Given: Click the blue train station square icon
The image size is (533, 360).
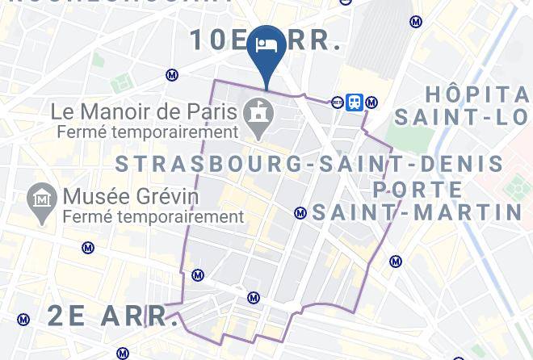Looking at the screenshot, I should coord(354,103).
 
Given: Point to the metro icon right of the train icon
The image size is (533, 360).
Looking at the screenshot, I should coord(371,103).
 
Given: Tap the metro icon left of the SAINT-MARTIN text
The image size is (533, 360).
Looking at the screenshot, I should coord(300,213).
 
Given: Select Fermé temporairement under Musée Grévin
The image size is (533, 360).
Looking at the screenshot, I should coord(153,216).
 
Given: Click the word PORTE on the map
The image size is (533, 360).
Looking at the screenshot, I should coord(418,190).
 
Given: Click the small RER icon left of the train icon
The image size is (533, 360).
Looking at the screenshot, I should coord(337,103).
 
